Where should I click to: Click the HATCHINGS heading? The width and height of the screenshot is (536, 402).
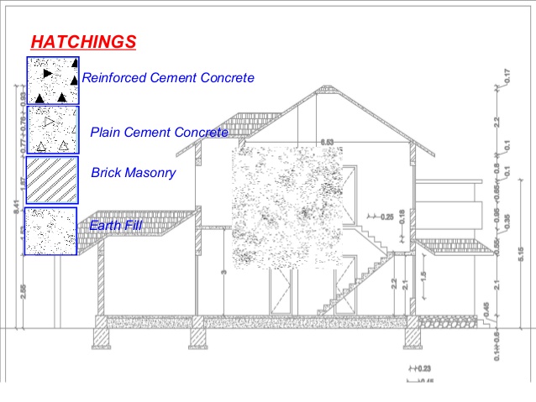(x=82, y=41)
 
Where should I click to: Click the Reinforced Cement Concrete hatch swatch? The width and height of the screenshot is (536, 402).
(x=52, y=80)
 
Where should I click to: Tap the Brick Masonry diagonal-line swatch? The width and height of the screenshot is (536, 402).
(x=52, y=179)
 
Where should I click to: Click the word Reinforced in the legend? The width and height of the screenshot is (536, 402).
(x=113, y=78)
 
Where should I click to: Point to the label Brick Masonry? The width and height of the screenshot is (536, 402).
(x=133, y=173)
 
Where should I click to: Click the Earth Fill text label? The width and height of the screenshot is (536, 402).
(x=116, y=225)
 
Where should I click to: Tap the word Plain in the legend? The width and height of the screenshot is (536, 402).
(x=104, y=132)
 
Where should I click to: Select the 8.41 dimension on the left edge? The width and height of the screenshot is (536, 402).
(x=7, y=203)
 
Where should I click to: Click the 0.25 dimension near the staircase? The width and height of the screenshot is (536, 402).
(x=386, y=217)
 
